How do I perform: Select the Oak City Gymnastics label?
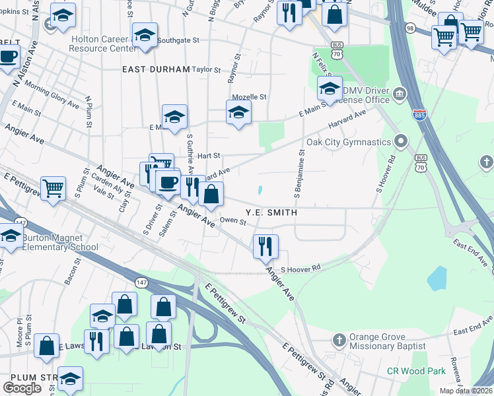tap(349, 142)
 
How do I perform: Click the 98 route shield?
tap(410, 28)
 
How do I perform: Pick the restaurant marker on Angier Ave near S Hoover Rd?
tap(265, 246)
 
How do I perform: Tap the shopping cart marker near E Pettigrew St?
tap(53, 187)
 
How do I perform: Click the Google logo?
tap(22, 387)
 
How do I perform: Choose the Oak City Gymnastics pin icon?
tap(400, 141)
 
